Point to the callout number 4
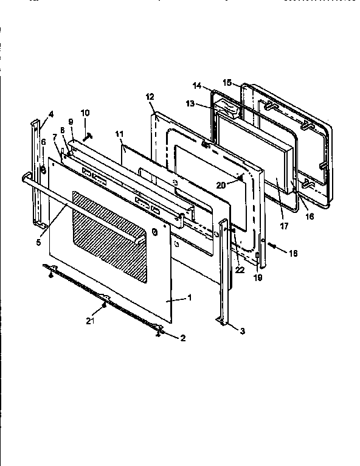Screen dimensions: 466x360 pos(50,114)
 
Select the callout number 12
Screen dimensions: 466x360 pos(150,96)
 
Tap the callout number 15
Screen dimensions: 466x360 pos(227,82)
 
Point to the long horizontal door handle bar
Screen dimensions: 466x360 pos(91,200)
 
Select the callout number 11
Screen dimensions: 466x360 pos(119,132)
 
